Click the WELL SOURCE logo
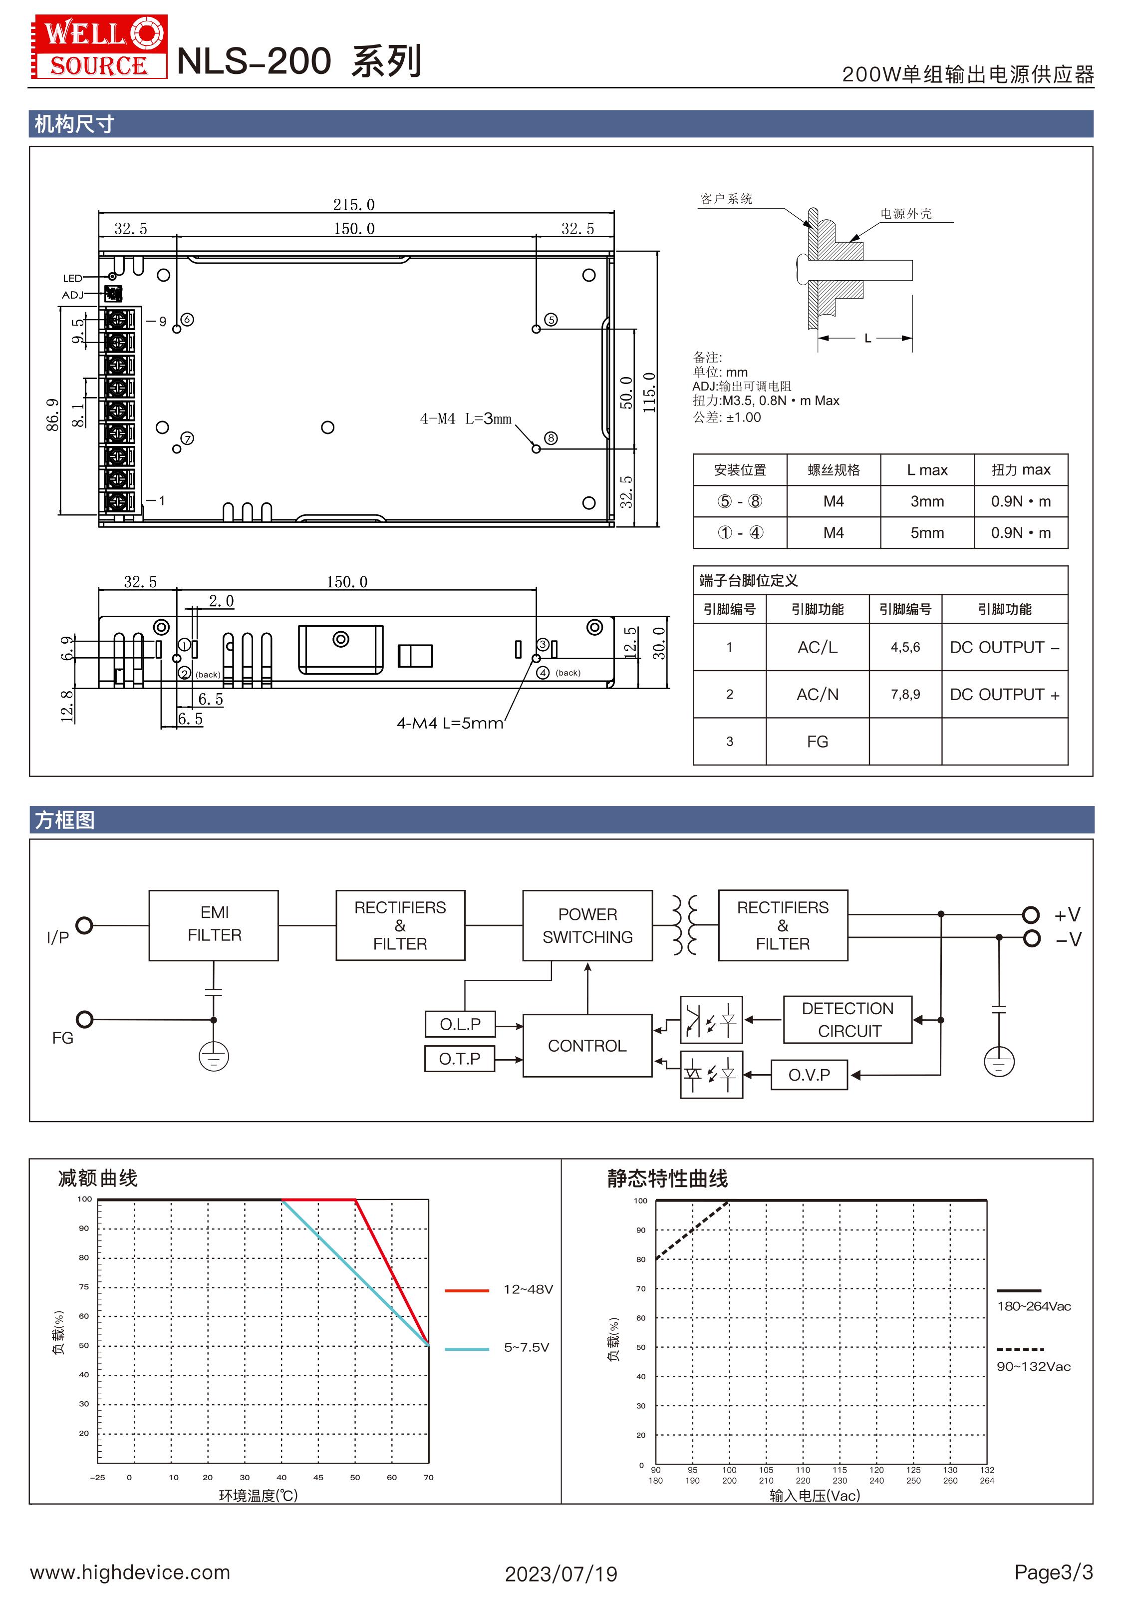(99, 46)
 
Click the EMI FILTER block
(214, 925)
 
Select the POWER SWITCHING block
(587, 925)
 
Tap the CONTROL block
(587, 1045)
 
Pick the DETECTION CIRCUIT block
(847, 1020)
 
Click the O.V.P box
(809, 1075)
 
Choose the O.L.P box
(460, 1024)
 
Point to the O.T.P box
(460, 1059)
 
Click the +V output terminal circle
(1031, 914)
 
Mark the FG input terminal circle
(84, 1019)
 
